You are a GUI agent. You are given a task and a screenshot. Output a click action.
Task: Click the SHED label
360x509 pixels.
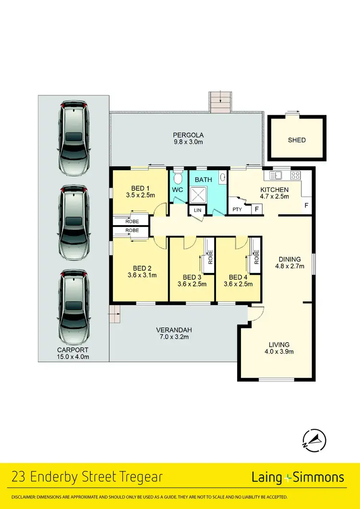(297, 140)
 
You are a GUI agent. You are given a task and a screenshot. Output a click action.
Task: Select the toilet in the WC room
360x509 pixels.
(178, 179)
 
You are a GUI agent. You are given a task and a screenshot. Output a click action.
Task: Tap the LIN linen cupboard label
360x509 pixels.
(197, 210)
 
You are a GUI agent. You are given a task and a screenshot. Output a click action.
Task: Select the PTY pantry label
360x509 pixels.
(237, 209)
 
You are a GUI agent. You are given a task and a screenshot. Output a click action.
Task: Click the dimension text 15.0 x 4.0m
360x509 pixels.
(73, 356)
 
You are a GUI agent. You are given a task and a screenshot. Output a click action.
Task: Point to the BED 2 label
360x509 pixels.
(142, 268)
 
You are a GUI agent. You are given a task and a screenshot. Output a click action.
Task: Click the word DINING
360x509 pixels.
(290, 259)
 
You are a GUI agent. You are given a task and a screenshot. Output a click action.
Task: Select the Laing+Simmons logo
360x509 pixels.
(298, 477)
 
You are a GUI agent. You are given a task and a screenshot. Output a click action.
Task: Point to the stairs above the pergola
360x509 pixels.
(220, 102)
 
